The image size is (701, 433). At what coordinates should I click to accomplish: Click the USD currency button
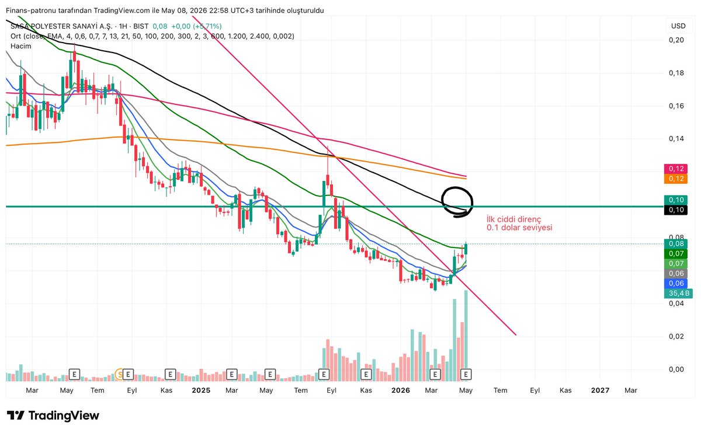click(x=678, y=26)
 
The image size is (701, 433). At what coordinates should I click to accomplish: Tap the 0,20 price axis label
click(x=676, y=40)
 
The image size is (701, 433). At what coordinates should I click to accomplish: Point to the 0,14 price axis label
click(x=676, y=139)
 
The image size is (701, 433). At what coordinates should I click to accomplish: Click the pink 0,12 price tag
click(x=676, y=169)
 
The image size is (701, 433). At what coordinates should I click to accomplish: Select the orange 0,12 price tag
click(x=676, y=179)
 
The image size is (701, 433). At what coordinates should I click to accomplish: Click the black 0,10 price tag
click(x=676, y=209)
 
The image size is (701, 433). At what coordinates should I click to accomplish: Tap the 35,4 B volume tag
click(x=678, y=294)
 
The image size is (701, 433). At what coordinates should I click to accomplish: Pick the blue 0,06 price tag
click(x=676, y=284)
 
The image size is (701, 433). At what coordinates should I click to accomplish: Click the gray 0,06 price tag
click(x=676, y=274)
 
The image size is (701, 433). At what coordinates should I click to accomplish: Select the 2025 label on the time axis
click(x=201, y=390)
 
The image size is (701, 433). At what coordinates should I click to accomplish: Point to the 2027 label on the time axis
click(x=600, y=390)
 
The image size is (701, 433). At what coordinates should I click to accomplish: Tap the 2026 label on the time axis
click(x=401, y=390)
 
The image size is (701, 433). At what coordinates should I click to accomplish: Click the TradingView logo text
click(x=64, y=415)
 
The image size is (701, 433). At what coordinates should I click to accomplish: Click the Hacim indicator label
click(x=20, y=46)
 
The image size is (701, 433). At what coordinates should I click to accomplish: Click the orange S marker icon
click(x=119, y=374)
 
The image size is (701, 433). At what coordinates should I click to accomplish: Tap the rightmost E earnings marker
click(x=466, y=374)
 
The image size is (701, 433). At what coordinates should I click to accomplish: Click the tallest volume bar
click(x=466, y=336)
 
